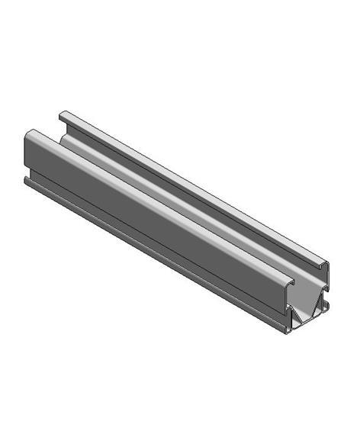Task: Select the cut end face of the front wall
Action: [x=288, y=301]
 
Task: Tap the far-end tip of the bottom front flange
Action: [x=27, y=181]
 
